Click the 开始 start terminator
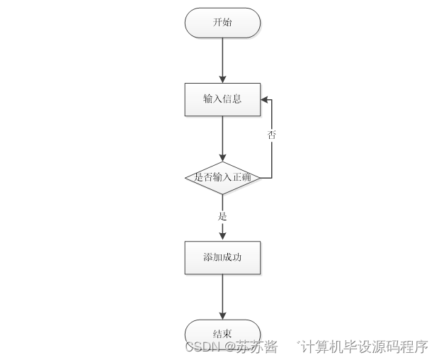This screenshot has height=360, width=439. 222,23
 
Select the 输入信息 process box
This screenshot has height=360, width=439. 222,99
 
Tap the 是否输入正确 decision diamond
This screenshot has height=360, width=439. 222,177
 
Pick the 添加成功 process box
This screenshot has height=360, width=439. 222,257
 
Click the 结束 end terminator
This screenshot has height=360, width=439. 222,334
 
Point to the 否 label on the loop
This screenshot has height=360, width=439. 272,135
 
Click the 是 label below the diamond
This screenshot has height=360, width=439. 222,215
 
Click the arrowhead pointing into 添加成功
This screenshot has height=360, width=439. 222,236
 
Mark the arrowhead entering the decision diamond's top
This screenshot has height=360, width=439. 222,157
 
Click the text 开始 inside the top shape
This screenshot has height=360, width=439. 222,23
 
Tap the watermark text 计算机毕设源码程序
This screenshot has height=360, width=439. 365,347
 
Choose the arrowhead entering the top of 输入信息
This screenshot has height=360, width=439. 222,79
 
